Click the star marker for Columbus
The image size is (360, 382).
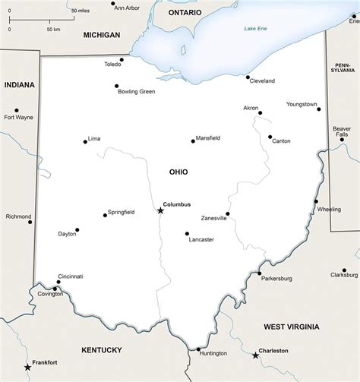pos(160,210)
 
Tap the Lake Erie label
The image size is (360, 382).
pos(256,29)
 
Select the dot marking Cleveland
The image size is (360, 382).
pos(248,77)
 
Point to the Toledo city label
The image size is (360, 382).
pos(113,65)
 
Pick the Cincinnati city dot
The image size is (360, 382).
pos(58,283)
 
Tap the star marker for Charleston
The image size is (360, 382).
pos(255,355)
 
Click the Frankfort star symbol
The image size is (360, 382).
pos(28,367)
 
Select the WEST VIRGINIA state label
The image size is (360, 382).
pos(292,327)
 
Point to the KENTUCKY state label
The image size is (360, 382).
pos(101,350)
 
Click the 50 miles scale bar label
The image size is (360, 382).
pos(80,11)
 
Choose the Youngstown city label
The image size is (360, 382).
pos(302,104)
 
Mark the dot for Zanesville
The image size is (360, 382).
pos(227,213)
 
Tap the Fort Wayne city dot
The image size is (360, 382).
pos(17,110)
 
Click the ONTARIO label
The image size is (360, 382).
pos(185,13)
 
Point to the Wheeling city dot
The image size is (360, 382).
pos(316,201)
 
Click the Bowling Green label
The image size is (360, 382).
pos(136,92)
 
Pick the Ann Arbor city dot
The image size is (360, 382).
pos(114,2)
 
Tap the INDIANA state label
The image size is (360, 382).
pos(19,85)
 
